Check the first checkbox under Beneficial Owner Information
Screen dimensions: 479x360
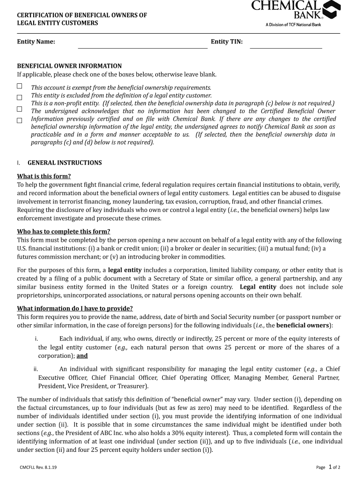20,86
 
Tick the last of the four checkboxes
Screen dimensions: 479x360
20,120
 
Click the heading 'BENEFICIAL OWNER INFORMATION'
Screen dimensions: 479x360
69,66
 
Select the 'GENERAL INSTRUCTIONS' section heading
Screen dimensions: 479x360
65,163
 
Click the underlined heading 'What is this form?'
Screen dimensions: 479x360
44,176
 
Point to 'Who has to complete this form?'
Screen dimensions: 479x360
64,232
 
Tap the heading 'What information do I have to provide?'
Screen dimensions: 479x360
75,308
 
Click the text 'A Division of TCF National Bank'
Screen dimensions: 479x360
294,24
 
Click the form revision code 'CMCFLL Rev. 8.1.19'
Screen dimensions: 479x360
38,467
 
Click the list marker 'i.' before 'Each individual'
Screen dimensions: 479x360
36,339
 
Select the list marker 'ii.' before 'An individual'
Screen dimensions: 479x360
36,369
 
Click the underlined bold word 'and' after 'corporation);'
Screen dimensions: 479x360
82,356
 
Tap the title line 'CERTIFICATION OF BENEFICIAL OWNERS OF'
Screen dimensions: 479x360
82,15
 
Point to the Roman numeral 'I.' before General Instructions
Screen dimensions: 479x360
19,163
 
